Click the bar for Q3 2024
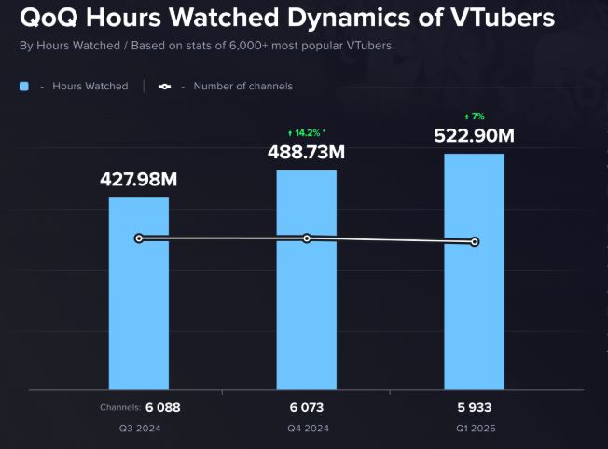pyautogui.click(x=139, y=307)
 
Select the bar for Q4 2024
pyautogui.click(x=306, y=298)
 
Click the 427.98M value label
pyautogui.click(x=139, y=179)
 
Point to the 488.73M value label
pyautogui.click(x=307, y=152)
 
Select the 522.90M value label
pyautogui.click(x=474, y=135)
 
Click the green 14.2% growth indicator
pyautogui.click(x=307, y=133)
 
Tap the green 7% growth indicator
pyautogui.click(x=474, y=116)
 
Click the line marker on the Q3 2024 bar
pyautogui.click(x=139, y=238)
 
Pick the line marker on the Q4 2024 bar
pyautogui.click(x=307, y=238)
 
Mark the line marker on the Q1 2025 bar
pyautogui.click(x=475, y=242)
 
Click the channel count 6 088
pyautogui.click(x=161, y=407)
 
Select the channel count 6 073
pyautogui.click(x=307, y=407)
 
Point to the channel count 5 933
pyautogui.click(x=474, y=407)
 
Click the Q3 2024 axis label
pyautogui.click(x=139, y=429)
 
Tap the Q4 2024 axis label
pyautogui.click(x=307, y=429)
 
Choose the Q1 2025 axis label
pyautogui.click(x=474, y=429)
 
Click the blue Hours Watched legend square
pyautogui.click(x=24, y=86)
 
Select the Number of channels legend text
pyautogui.click(x=242, y=86)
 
